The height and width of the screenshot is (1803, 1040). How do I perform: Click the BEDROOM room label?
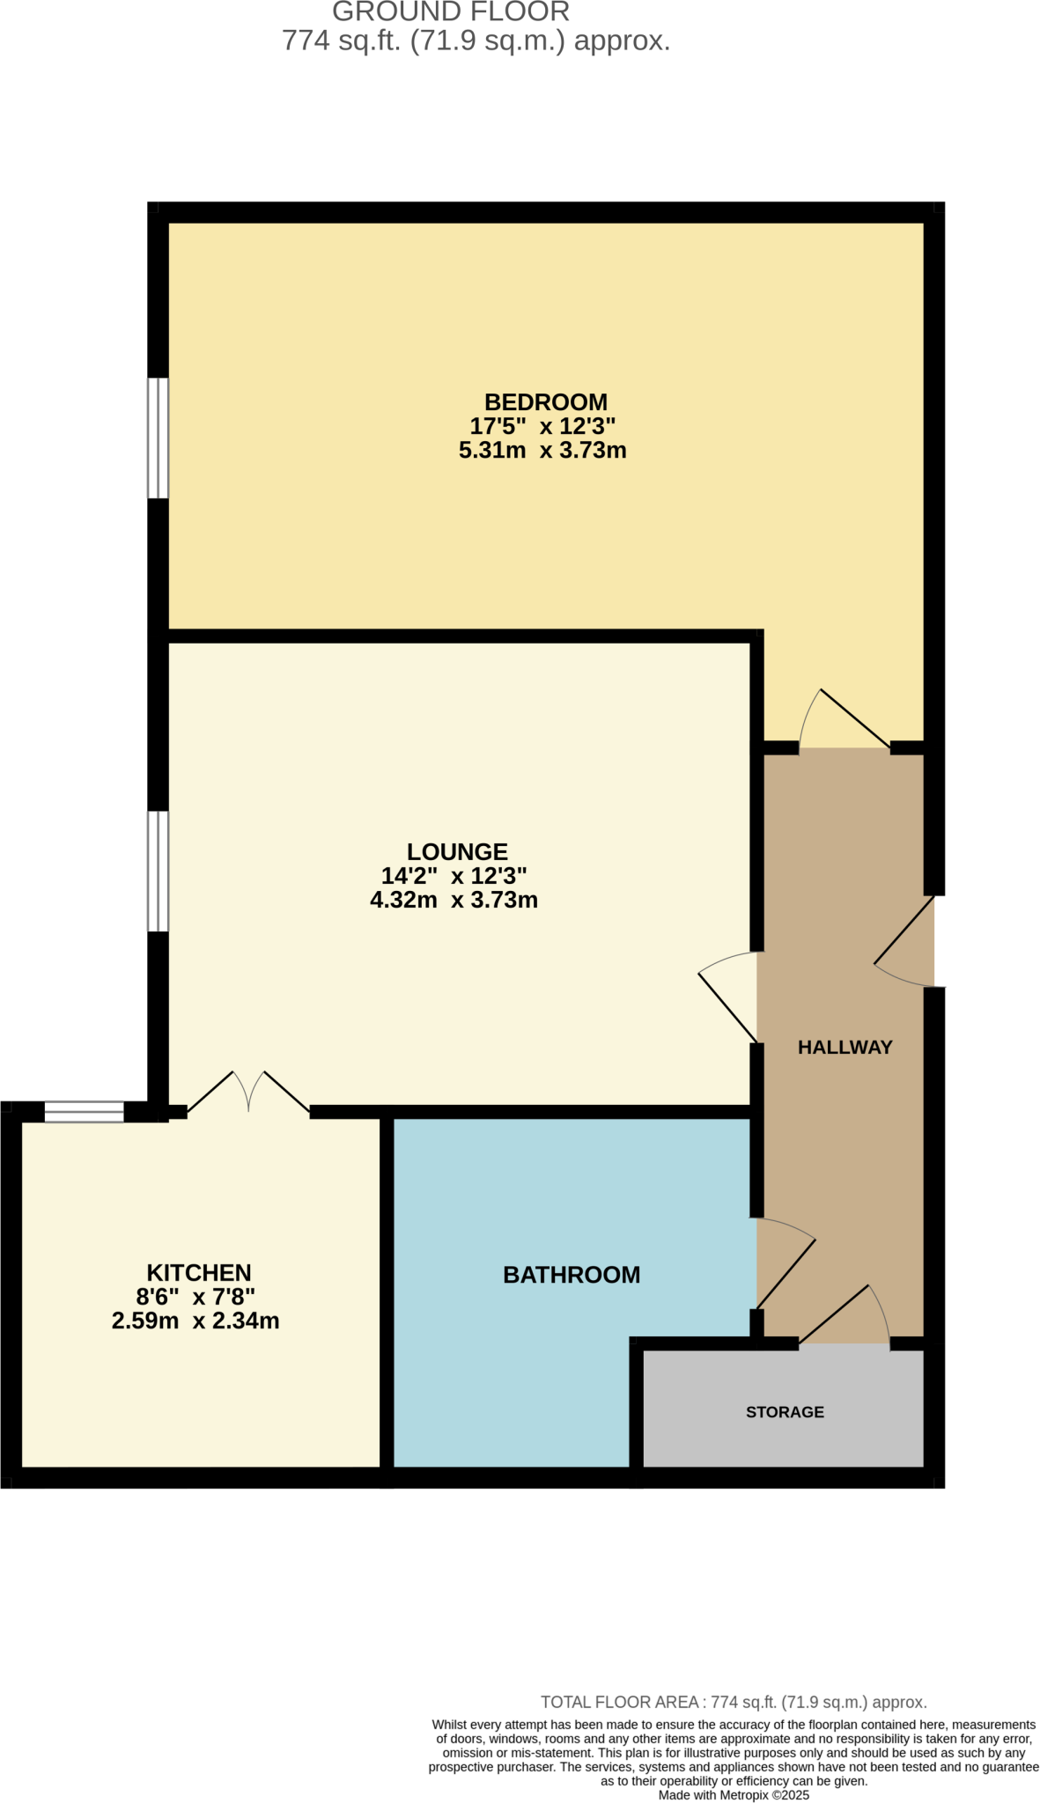pyautogui.click(x=545, y=402)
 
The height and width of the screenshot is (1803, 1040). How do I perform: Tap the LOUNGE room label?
pyautogui.click(x=457, y=851)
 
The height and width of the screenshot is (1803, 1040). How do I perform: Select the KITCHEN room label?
pyautogui.click(x=198, y=1272)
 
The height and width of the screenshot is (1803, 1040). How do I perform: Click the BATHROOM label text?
pyautogui.click(x=572, y=1275)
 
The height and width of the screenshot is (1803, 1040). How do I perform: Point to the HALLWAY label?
pyautogui.click(x=845, y=1047)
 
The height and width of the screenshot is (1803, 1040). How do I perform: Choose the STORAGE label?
pyautogui.click(x=785, y=1412)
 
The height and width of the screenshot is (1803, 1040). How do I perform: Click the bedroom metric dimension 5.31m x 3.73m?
pyautogui.click(x=542, y=451)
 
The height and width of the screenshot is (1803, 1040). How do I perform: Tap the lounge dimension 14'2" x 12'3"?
pyautogui.click(x=454, y=876)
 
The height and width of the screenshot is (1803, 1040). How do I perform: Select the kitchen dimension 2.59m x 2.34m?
pyautogui.click(x=195, y=1321)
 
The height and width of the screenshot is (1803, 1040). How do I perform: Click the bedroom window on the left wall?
pyautogui.click(x=158, y=438)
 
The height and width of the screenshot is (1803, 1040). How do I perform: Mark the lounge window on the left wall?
pyautogui.click(x=158, y=871)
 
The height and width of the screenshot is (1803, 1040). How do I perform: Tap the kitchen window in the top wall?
pyautogui.click(x=85, y=1112)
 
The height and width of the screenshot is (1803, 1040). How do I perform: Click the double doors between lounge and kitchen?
pyautogui.click(x=249, y=1093)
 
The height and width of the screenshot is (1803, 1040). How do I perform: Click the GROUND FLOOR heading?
pyautogui.click(x=451, y=12)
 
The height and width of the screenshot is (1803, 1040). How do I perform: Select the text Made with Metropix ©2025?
pyautogui.click(x=734, y=1795)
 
